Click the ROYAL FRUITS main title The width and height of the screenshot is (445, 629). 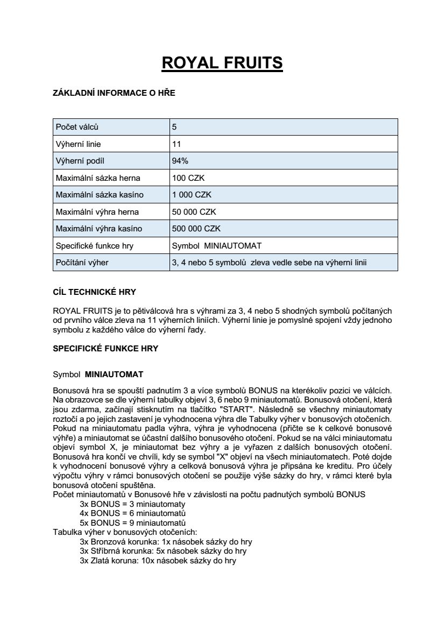(x=222, y=63)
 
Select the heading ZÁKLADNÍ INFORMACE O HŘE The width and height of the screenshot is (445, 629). (x=114, y=93)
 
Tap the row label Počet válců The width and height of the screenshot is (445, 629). (x=77, y=128)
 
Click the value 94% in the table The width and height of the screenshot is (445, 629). (x=180, y=161)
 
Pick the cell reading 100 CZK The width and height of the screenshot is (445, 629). (x=185, y=178)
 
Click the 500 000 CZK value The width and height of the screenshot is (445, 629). (x=196, y=229)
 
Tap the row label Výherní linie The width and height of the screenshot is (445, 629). (x=79, y=144)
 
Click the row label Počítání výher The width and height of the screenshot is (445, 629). (x=83, y=263)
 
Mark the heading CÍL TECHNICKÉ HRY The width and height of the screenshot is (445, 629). (x=94, y=292)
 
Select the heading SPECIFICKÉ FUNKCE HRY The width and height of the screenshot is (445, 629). (x=105, y=348)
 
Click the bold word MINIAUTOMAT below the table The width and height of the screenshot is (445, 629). (x=114, y=374)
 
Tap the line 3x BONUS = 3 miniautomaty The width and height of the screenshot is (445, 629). (x=132, y=504)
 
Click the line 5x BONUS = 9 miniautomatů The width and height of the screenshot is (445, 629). (x=132, y=523)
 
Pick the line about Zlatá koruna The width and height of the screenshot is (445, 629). (x=158, y=561)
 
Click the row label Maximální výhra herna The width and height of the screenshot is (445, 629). (x=97, y=211)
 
